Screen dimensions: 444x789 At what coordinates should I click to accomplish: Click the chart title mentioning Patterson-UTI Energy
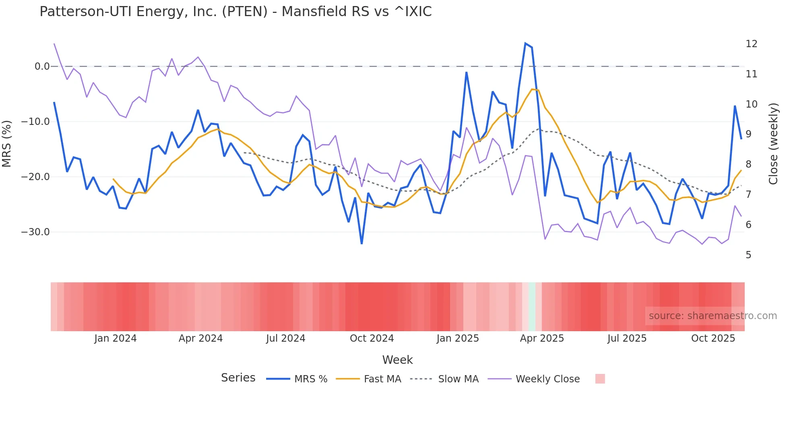[235, 12]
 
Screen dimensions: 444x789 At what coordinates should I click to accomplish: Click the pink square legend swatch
[600, 379]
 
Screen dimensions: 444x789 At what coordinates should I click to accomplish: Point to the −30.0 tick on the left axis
[35, 232]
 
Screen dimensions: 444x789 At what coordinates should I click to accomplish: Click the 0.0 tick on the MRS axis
[42, 66]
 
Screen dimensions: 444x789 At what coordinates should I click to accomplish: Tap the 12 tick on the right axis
[751, 44]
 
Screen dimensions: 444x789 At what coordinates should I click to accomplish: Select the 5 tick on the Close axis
[748, 255]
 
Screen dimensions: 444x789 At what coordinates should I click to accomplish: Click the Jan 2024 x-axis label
[116, 338]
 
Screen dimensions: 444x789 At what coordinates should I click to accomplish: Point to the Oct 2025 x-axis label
[713, 338]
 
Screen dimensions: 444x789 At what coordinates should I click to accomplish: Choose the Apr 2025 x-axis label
[542, 338]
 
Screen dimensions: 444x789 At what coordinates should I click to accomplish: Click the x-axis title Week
[397, 360]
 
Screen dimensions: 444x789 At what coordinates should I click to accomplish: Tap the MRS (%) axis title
[7, 143]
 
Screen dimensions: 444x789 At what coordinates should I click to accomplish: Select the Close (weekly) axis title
[773, 144]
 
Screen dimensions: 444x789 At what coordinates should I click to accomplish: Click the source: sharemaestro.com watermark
[713, 316]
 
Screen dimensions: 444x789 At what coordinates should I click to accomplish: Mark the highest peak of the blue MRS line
[525, 43]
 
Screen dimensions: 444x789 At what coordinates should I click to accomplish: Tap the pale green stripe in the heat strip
[532, 307]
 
